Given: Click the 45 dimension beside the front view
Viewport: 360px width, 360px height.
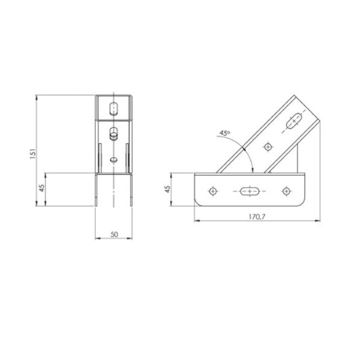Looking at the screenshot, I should pos(41,188).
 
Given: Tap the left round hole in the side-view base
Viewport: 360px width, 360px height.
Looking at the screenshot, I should pos(212,191).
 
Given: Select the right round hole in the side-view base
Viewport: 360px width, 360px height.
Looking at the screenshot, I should pos(286,191).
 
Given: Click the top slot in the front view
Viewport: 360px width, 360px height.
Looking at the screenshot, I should pos(114,109).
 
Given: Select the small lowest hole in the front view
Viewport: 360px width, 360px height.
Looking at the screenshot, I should pos(113,160).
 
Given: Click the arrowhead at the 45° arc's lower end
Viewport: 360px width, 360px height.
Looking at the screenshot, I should pos(253,169).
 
